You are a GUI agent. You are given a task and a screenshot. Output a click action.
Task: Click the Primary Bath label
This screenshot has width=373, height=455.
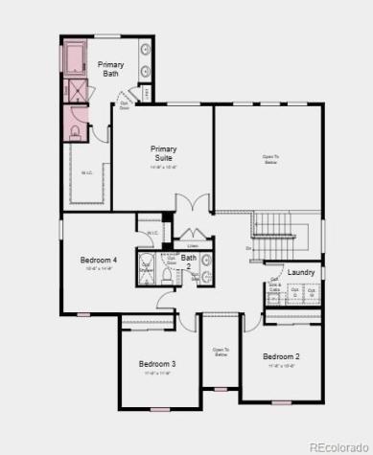pyautogui.click(x=110, y=68)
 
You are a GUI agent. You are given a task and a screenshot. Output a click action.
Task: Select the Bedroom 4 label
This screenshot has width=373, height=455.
pyautogui.click(x=100, y=260)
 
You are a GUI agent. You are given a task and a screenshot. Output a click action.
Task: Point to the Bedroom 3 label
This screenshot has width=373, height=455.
pyautogui.click(x=157, y=363)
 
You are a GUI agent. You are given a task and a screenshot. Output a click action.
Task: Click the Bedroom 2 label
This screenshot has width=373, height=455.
pyautogui.click(x=282, y=356)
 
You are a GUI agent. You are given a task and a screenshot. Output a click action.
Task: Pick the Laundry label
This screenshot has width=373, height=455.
pyautogui.click(x=301, y=273)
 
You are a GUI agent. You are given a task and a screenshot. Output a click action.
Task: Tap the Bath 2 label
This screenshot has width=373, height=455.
pyautogui.click(x=189, y=261)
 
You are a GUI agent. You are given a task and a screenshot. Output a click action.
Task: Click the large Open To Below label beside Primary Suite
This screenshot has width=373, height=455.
pyautogui.click(x=272, y=159)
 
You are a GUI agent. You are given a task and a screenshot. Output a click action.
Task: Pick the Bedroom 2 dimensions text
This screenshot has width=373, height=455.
pyautogui.click(x=282, y=366)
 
